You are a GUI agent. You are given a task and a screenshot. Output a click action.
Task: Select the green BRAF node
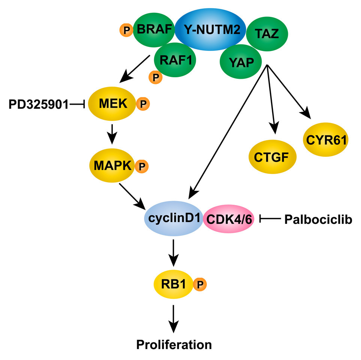pos(154,29)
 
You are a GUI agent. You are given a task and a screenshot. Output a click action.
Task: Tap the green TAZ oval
pos(267,34)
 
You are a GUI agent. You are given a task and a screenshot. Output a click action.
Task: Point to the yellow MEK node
pos(112,104)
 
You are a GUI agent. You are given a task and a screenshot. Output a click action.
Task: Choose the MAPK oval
pos(112,165)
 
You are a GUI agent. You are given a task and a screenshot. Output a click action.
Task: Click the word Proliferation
pos(174,344)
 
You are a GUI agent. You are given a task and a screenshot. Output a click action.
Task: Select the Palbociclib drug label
pos(318,219)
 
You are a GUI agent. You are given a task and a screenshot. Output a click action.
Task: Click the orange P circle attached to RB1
pos(199,285)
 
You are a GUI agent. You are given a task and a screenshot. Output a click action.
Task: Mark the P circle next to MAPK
pos(141,166)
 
